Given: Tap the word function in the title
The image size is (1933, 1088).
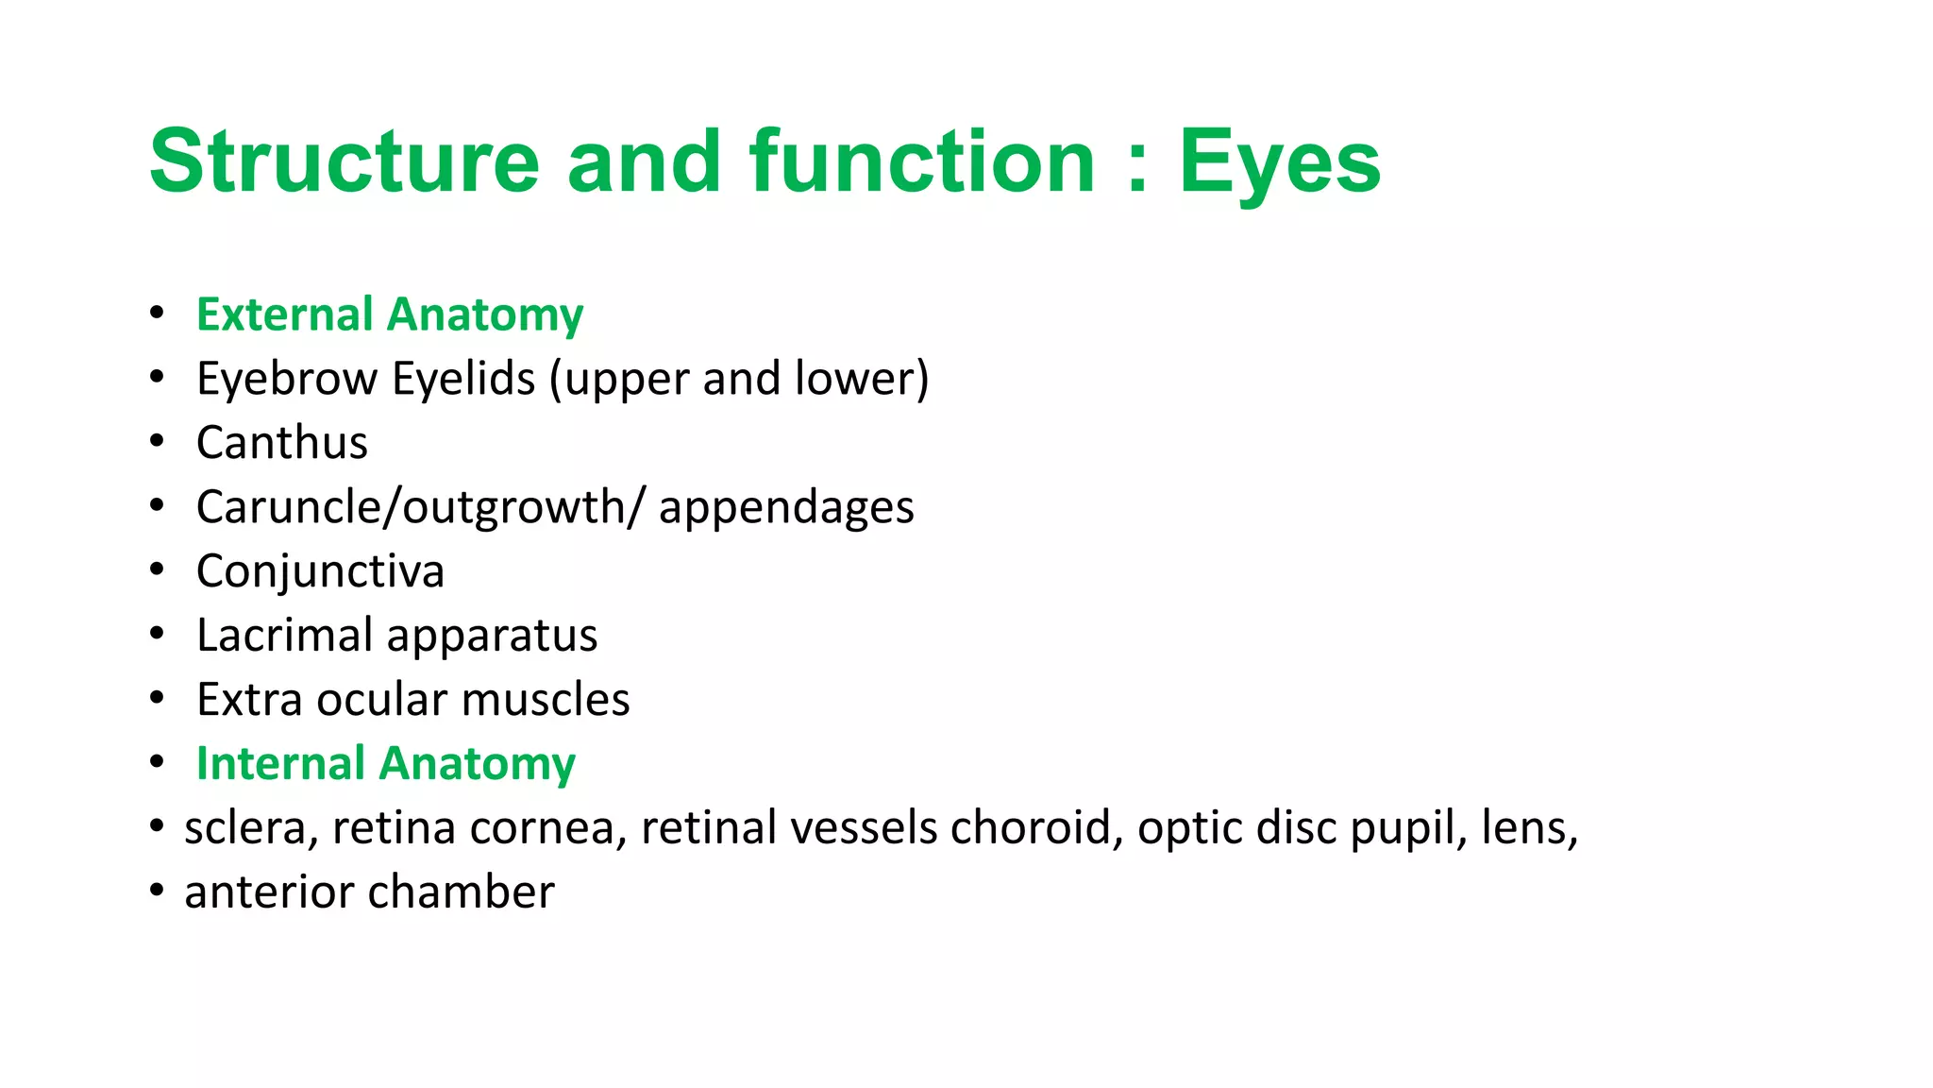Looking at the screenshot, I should point(922,161).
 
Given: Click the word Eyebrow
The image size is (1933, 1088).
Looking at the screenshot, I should point(287,380).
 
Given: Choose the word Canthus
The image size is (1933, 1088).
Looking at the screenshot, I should point(281,443).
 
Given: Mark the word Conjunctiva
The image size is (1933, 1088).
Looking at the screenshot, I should point(320,572).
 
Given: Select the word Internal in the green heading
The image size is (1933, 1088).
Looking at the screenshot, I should point(280,763).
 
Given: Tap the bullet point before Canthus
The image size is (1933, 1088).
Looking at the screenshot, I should point(157,441).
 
